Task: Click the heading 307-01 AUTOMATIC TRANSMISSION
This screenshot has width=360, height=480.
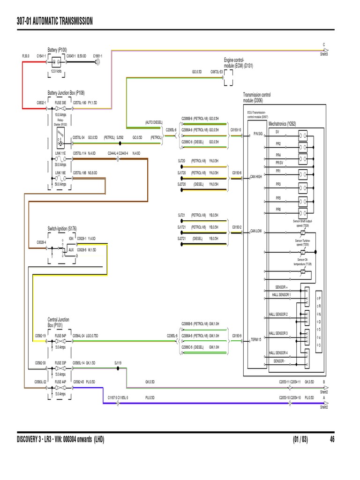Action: [54, 21]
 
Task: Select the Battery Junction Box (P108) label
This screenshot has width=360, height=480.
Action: [66, 93]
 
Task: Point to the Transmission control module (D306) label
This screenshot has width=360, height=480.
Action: [256, 97]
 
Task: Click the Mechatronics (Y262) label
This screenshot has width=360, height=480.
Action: [282, 124]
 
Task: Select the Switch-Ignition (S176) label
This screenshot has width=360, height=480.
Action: [62, 228]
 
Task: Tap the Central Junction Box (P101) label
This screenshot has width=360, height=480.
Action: [58, 322]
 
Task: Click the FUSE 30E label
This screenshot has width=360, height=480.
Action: [60, 102]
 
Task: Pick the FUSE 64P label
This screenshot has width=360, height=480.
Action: [60, 336]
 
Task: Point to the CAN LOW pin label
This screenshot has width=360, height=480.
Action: [256, 231]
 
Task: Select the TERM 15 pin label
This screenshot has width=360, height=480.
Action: [255, 339]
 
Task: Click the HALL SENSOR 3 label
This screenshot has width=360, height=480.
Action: [278, 333]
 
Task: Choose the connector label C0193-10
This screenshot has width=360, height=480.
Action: [236, 130]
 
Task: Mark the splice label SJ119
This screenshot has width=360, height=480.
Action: [118, 362]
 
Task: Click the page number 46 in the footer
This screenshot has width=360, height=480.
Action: [332, 440]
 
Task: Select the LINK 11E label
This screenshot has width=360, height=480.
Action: [60, 153]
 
